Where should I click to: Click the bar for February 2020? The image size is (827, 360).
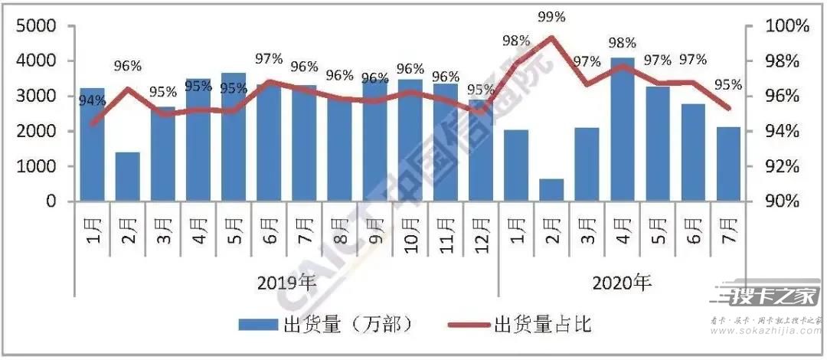(x=551, y=190)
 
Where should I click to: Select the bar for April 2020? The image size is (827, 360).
(x=622, y=129)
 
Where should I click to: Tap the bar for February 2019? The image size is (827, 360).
(x=127, y=177)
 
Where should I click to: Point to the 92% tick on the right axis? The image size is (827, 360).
(x=784, y=166)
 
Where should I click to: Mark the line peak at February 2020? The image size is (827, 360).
(x=551, y=37)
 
